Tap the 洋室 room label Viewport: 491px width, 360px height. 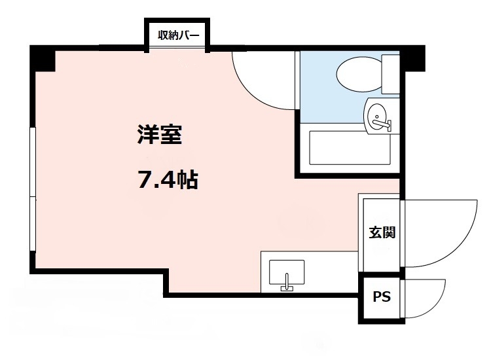coord(159,135)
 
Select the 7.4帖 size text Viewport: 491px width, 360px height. coord(168,179)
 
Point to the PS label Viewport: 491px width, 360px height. coord(381,297)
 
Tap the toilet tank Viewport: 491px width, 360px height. coord(391,74)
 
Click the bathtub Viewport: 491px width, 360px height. coord(350,150)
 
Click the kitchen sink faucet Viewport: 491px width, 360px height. coord(286,285)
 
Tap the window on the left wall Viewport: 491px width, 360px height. coord(32,190)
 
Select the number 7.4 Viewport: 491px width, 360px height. coord(155,179)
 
